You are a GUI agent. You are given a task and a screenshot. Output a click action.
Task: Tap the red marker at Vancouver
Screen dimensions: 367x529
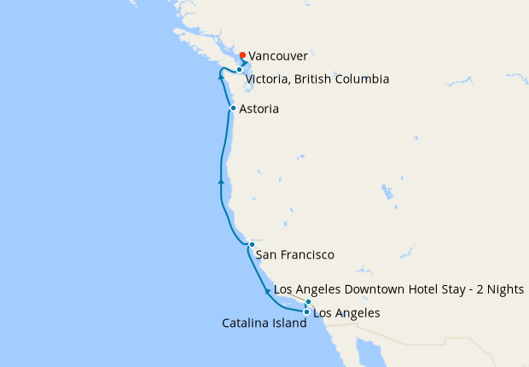242,55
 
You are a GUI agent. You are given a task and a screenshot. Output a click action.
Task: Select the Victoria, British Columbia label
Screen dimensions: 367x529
317,79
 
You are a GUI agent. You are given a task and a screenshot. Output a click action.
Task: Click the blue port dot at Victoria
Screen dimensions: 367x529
240,70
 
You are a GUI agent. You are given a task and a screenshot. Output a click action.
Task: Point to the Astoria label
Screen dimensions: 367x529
259,109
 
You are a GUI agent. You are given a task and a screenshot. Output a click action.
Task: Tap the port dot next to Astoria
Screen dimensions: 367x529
233,108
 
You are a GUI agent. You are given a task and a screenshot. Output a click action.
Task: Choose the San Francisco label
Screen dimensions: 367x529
294,254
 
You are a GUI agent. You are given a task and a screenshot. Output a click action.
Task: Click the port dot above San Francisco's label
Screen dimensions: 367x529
252,245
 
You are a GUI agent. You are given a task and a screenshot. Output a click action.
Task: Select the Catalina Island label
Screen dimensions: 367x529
264,323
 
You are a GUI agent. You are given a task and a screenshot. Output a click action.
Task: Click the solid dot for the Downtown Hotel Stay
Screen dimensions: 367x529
308,302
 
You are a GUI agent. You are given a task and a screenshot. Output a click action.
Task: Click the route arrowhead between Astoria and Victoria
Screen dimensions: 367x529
221,77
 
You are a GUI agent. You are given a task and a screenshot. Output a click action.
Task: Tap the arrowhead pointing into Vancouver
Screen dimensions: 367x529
245,63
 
